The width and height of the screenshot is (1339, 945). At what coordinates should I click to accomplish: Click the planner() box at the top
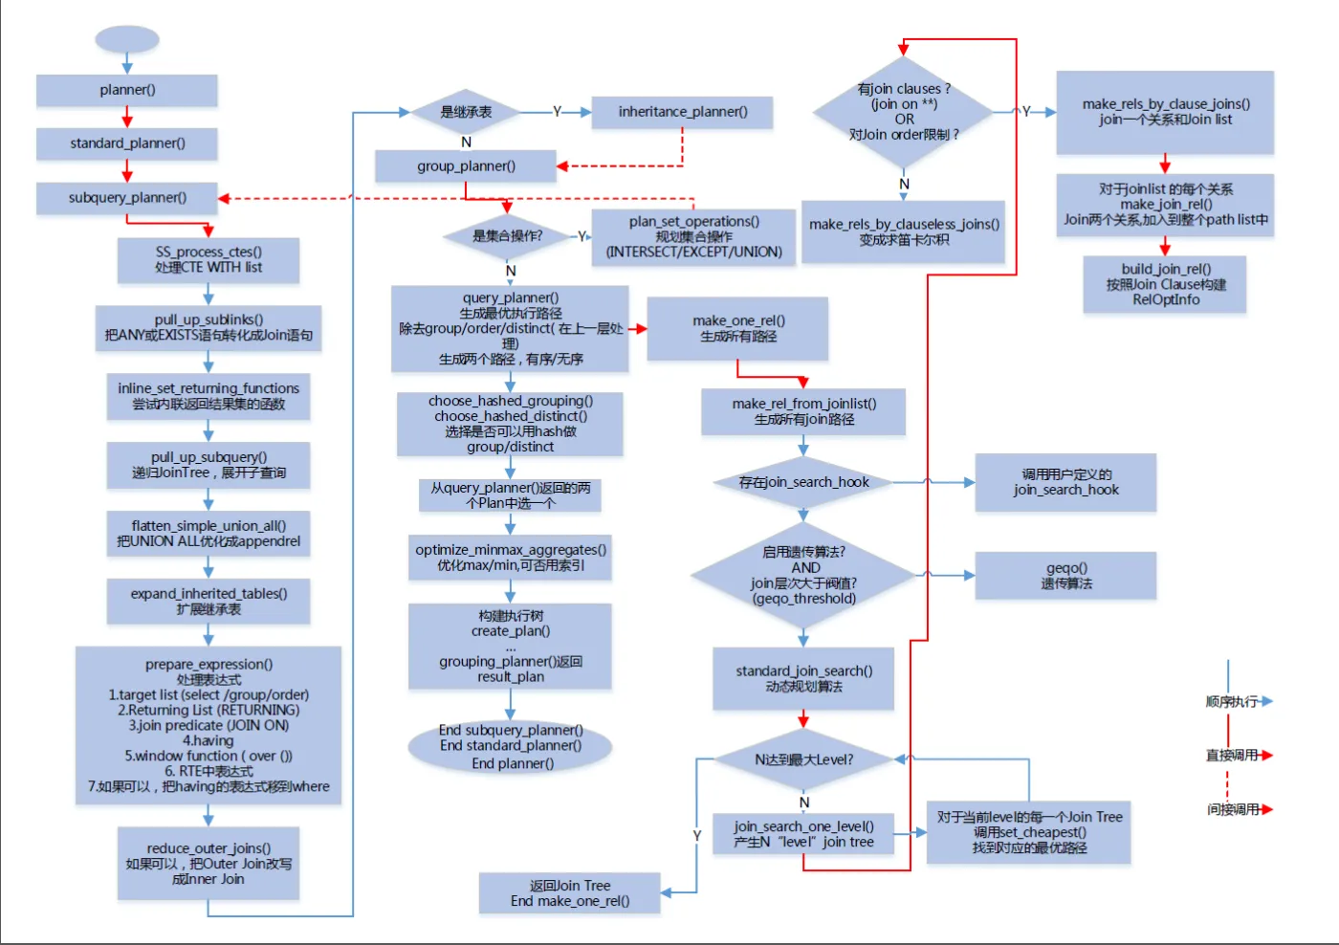[127, 90]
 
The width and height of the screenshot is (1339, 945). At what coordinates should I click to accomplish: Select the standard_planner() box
[127, 143]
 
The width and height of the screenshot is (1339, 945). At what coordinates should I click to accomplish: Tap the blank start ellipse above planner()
[127, 39]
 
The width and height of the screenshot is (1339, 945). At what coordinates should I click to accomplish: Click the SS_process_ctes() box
[209, 260]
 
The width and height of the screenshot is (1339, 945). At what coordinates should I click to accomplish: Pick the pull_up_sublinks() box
[209, 328]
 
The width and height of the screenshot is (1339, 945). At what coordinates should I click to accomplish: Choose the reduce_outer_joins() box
[209, 864]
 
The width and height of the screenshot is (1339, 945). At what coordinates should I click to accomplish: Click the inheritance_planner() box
[682, 112]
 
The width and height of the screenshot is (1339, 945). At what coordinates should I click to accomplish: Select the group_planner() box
[466, 166]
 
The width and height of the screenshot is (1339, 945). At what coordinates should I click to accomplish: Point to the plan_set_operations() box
[693, 236]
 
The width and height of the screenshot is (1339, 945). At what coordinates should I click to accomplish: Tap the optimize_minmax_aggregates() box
[511, 558]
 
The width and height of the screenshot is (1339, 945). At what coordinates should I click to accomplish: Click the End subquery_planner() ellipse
[511, 747]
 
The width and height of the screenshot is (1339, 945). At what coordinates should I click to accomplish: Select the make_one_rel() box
[737, 329]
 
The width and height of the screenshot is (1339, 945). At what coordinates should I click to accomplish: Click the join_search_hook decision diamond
[803, 483]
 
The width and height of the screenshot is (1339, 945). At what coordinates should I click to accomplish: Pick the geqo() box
[1065, 576]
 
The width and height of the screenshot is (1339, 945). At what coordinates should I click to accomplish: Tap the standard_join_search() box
[803, 679]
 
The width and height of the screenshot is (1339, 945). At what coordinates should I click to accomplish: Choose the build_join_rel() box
[1165, 284]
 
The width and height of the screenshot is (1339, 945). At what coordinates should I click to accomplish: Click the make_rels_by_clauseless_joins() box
[903, 231]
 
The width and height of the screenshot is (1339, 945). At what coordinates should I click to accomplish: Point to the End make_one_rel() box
[570, 893]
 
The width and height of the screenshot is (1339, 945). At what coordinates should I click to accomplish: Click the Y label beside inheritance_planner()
[557, 112]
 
